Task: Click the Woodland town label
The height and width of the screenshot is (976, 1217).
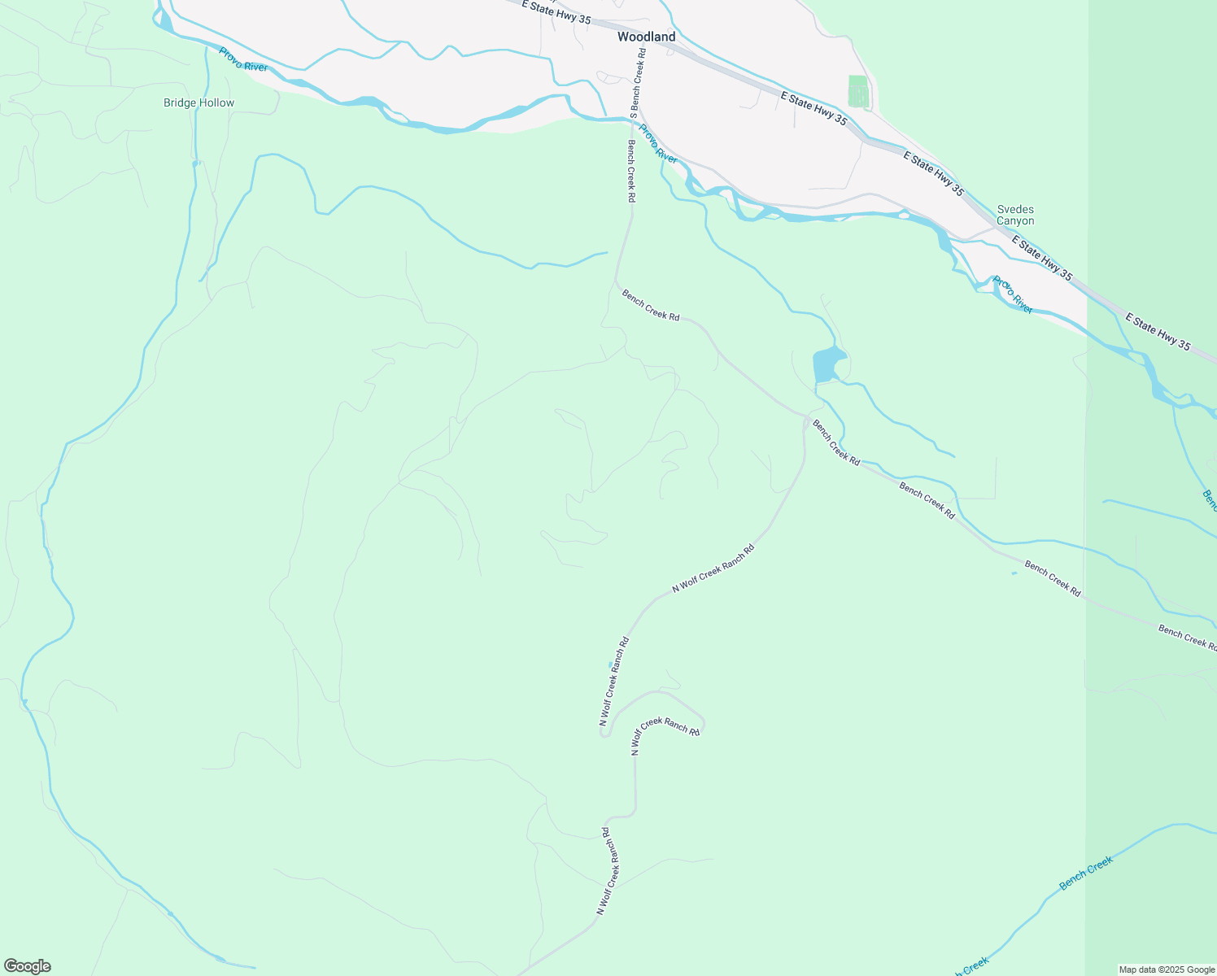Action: pyautogui.click(x=646, y=37)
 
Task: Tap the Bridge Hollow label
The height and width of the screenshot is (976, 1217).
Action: pyautogui.click(x=198, y=103)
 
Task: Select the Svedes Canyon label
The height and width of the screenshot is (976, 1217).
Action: pyautogui.click(x=1015, y=216)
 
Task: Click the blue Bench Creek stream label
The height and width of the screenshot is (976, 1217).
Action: pyautogui.click(x=1085, y=874)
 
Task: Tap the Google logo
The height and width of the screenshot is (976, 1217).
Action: pyautogui.click(x=27, y=966)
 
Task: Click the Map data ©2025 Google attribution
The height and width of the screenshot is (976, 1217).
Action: pyautogui.click(x=1166, y=969)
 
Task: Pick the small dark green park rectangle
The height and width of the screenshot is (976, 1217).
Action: pyautogui.click(x=857, y=90)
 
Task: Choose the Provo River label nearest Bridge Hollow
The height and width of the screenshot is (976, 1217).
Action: pyautogui.click(x=242, y=59)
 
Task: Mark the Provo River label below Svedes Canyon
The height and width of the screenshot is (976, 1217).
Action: pyautogui.click(x=1012, y=295)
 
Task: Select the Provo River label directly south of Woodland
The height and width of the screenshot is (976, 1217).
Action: pyautogui.click(x=657, y=144)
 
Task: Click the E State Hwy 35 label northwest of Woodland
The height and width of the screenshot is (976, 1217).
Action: pyautogui.click(x=556, y=11)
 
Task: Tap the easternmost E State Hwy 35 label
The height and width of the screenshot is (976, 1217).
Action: pyautogui.click(x=1158, y=333)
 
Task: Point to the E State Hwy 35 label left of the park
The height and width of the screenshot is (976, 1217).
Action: pyautogui.click(x=814, y=108)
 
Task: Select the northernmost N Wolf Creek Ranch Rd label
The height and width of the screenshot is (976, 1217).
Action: pyautogui.click(x=713, y=569)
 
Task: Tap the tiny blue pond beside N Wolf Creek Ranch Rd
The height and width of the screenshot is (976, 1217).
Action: pyautogui.click(x=610, y=665)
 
